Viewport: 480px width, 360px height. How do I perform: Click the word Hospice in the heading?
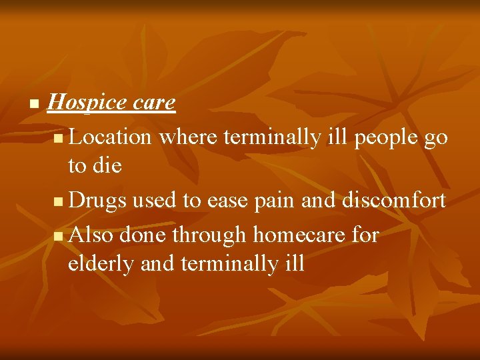pyautogui.click(x=87, y=103)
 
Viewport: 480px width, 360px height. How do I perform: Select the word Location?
pyautogui.click(x=111, y=137)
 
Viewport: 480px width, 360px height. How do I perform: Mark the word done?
pyautogui.click(x=144, y=235)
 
